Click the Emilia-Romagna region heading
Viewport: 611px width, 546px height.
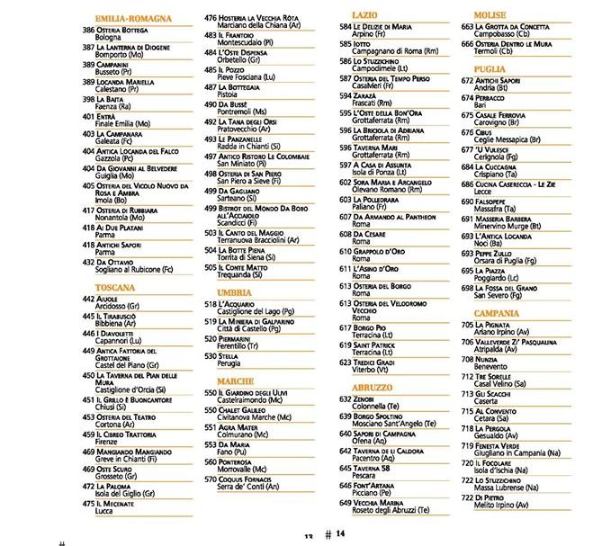point(132,18)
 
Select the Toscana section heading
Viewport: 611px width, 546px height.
point(114,288)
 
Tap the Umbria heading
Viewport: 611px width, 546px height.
point(235,292)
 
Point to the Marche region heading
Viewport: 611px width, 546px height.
point(236,380)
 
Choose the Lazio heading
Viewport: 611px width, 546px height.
point(364,15)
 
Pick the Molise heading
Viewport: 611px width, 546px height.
point(490,15)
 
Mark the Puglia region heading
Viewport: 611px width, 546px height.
point(489,68)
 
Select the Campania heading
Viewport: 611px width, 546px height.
point(496,313)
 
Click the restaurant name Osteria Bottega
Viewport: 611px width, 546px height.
point(122,30)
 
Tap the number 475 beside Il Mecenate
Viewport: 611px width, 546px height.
point(88,504)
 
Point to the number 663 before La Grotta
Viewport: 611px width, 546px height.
point(467,28)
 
